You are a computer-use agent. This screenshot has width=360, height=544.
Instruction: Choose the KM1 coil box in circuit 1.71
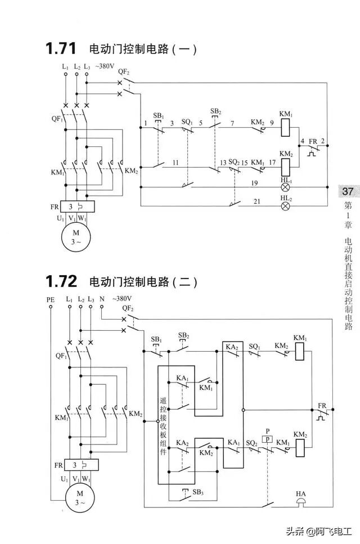pyautogui.click(x=285, y=128)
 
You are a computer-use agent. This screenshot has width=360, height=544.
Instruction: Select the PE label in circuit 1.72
pyautogui.click(x=51, y=300)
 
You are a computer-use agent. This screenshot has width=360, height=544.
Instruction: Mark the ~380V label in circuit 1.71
pyautogui.click(x=105, y=66)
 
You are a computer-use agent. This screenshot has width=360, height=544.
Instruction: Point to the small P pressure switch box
pyautogui.click(x=268, y=439)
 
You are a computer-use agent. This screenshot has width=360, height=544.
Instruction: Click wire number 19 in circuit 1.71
pyautogui.click(x=254, y=183)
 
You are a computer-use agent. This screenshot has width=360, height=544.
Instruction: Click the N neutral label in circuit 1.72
pyautogui.click(x=102, y=300)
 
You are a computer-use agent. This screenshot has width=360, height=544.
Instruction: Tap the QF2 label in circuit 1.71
pyautogui.click(x=124, y=72)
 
